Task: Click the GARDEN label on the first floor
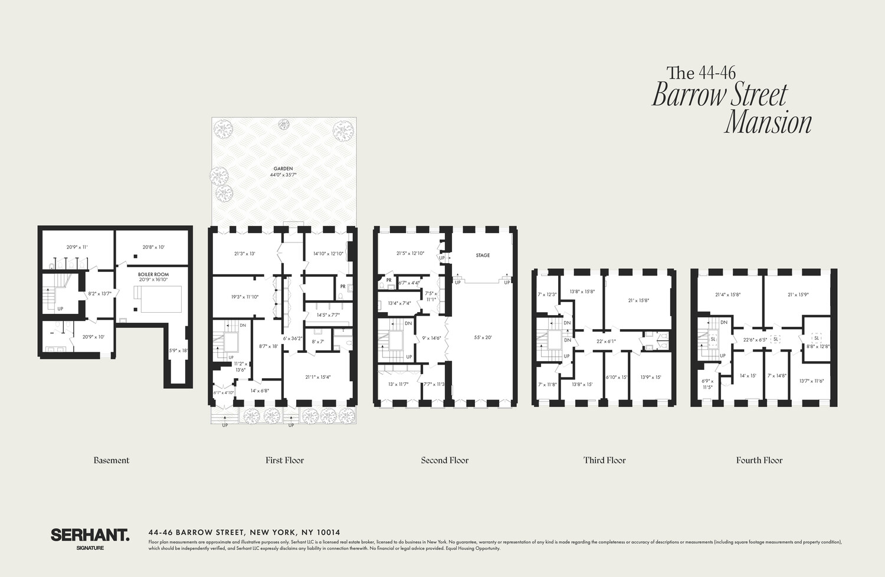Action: [x=283, y=169]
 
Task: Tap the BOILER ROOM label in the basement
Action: [x=153, y=274]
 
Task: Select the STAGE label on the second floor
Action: [x=483, y=255]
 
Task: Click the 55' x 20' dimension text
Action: [x=483, y=338]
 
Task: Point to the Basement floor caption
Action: [x=111, y=460]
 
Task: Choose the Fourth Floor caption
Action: [x=759, y=460]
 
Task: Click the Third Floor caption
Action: [x=604, y=460]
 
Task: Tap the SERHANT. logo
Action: [x=90, y=535]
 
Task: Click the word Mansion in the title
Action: [x=768, y=123]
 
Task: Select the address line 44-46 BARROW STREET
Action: [x=244, y=532]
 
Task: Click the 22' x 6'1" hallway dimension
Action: [x=606, y=342]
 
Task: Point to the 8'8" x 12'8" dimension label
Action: [x=818, y=346]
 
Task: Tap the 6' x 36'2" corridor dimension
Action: [x=293, y=339]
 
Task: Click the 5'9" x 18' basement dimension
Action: [x=178, y=350]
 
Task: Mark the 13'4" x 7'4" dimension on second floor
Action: [x=399, y=303]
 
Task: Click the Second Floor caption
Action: [x=444, y=460]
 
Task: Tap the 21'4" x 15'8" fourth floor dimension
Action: [x=727, y=295]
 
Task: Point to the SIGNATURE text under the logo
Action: [x=90, y=548]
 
